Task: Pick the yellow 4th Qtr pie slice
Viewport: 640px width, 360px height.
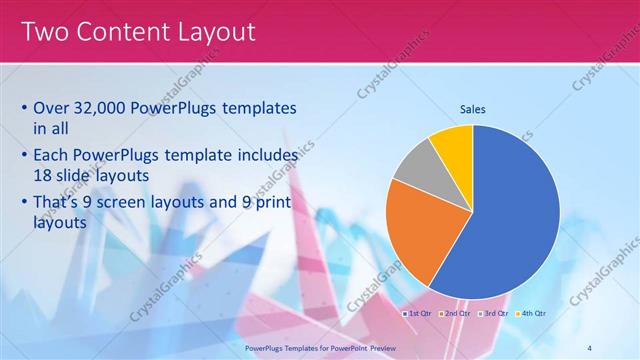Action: pyautogui.click(x=453, y=146)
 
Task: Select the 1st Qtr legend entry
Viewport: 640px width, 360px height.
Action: pyautogui.click(x=417, y=313)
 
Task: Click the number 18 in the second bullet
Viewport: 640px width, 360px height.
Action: pyautogui.click(x=43, y=174)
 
